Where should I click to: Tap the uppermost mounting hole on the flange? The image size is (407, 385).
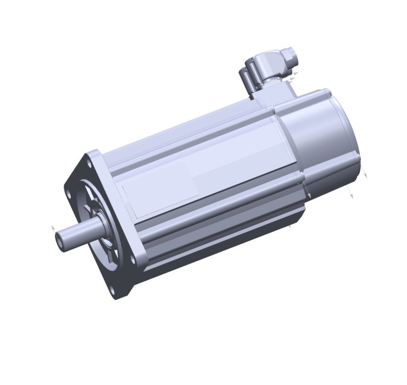pyautogui.click(x=87, y=163)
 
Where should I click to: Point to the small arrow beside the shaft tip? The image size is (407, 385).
pyautogui.click(x=53, y=227)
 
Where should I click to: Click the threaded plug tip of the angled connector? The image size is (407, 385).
pyautogui.click(x=290, y=55)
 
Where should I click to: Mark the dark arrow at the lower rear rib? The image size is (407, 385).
pyautogui.click(x=309, y=194)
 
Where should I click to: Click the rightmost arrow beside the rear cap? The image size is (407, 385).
pyautogui.click(x=365, y=175)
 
